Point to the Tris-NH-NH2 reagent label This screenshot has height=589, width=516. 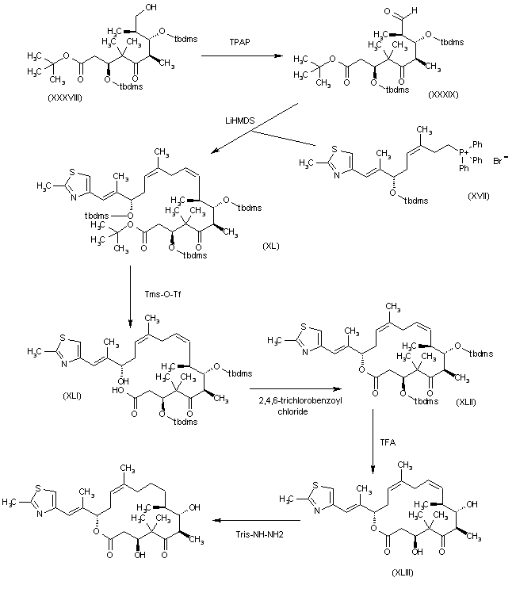coord(259,531)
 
